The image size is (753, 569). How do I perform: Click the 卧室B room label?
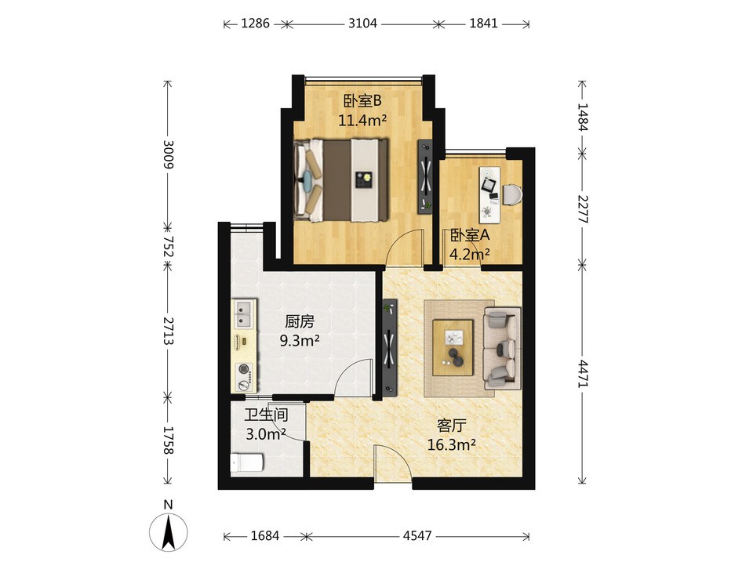[x=362, y=101]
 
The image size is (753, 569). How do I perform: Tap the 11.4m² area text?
[x=362, y=120]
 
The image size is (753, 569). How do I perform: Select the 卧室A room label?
[x=469, y=235]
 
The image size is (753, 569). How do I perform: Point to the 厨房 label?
[x=299, y=321]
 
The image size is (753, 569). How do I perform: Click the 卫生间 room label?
[x=266, y=415]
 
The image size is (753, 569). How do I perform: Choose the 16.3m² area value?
[x=452, y=444]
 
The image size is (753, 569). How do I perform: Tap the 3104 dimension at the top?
[x=362, y=23]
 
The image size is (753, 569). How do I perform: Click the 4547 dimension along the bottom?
[x=417, y=535]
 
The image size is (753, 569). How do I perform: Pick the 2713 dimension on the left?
[x=168, y=331]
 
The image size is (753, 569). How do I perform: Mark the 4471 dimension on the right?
[x=582, y=373]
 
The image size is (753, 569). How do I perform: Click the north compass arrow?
[x=168, y=531]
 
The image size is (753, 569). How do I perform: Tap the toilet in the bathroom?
[x=246, y=463]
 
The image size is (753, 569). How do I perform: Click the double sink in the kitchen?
[x=245, y=313]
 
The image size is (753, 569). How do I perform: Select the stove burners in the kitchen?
[x=245, y=377]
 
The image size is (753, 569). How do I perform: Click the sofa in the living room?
[x=502, y=348]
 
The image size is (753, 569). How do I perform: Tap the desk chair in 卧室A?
[x=512, y=194]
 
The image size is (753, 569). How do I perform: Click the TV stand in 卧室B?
[x=425, y=176]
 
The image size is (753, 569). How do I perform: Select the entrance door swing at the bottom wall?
[x=393, y=462]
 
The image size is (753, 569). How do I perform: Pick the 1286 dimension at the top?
[x=255, y=23]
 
